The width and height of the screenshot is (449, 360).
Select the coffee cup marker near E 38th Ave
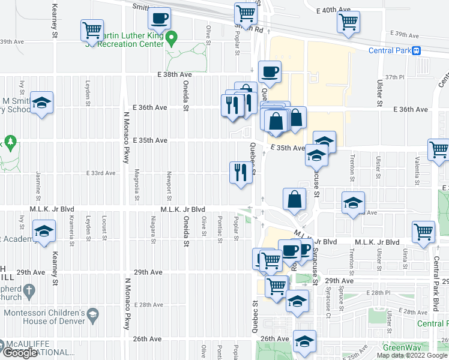pyautogui.click(x=270, y=73)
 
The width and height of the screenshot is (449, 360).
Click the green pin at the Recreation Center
pyautogui.click(x=172, y=39)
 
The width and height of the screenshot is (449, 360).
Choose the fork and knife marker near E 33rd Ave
pyautogui.click(x=240, y=173)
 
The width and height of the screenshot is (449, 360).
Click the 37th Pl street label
pyautogui.click(x=396, y=77)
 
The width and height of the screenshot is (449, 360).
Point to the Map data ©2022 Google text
pyautogui.click(x=411, y=355)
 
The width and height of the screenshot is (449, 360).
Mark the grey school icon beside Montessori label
pyautogui.click(x=92, y=314)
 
